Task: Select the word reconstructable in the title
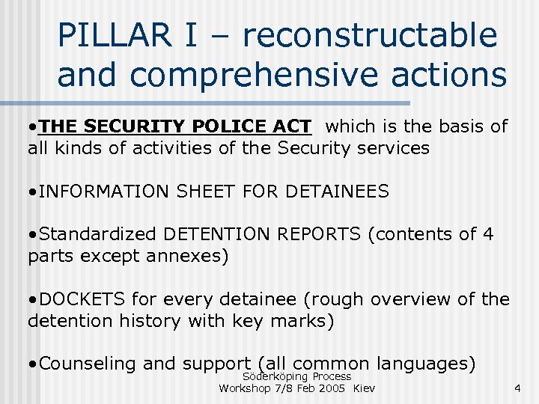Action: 370,36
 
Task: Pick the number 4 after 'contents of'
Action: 488,235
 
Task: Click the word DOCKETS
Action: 83,300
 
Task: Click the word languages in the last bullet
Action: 427,364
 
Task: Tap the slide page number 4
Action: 515,388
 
